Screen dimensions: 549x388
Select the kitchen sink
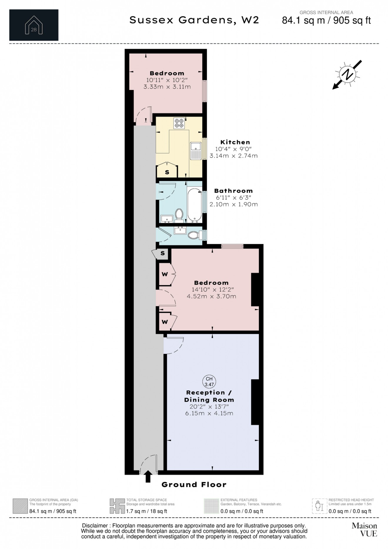[x=195, y=150]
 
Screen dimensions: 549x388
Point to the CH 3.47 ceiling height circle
[x=209, y=382]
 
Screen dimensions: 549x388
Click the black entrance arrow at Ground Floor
[x=148, y=476]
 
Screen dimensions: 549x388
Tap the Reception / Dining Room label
[x=209, y=396]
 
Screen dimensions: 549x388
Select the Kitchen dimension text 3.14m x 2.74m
[x=233, y=156]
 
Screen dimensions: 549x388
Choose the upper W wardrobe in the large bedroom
[x=165, y=274]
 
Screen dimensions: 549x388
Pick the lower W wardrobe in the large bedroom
[x=165, y=322]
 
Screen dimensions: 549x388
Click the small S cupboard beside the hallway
[x=163, y=253]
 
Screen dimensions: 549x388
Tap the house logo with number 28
[x=34, y=25]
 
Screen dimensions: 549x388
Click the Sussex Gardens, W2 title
[x=194, y=20]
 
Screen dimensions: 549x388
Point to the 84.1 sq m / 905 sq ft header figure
[x=326, y=21]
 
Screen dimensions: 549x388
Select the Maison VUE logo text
[x=364, y=530]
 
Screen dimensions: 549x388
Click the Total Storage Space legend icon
[x=117, y=506]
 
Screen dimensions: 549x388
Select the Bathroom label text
[x=233, y=191]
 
